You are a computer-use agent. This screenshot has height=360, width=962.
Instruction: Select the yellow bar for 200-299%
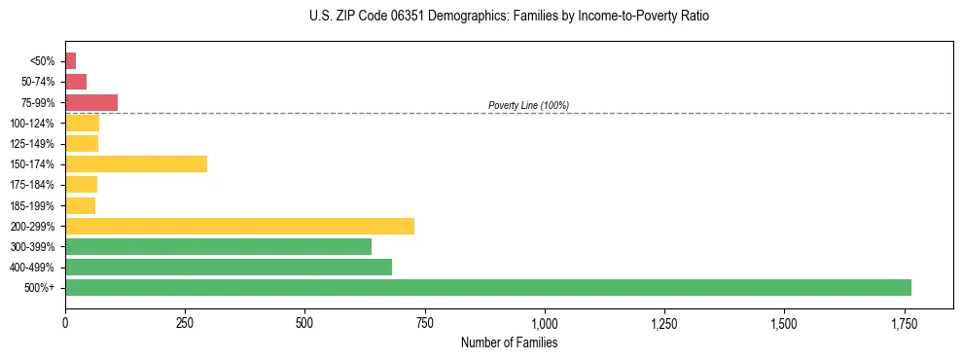pyautogui.click(x=240, y=226)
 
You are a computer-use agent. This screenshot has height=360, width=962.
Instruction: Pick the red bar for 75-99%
pyautogui.click(x=91, y=102)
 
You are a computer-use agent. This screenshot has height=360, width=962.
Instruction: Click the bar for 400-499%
pyautogui.click(x=229, y=267)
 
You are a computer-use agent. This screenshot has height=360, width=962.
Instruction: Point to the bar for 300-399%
pyautogui.click(x=219, y=246)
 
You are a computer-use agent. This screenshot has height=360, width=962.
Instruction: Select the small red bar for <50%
pyautogui.click(x=71, y=60)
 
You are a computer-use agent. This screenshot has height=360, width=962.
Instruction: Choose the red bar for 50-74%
pyautogui.click(x=76, y=82)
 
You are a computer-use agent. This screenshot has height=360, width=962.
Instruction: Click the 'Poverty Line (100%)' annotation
pyautogui.click(x=528, y=105)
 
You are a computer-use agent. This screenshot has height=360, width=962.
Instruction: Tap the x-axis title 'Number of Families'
pyautogui.click(x=509, y=342)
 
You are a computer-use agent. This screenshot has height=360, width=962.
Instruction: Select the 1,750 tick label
pyautogui.click(x=904, y=323)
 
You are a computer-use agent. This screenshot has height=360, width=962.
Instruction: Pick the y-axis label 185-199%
pyautogui.click(x=32, y=205)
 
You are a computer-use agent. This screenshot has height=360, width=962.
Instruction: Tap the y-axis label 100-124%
pyautogui.click(x=32, y=123)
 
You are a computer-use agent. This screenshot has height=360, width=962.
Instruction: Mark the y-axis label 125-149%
pyautogui.click(x=32, y=144)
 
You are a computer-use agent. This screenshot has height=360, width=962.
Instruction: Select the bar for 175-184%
pyautogui.click(x=82, y=184)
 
